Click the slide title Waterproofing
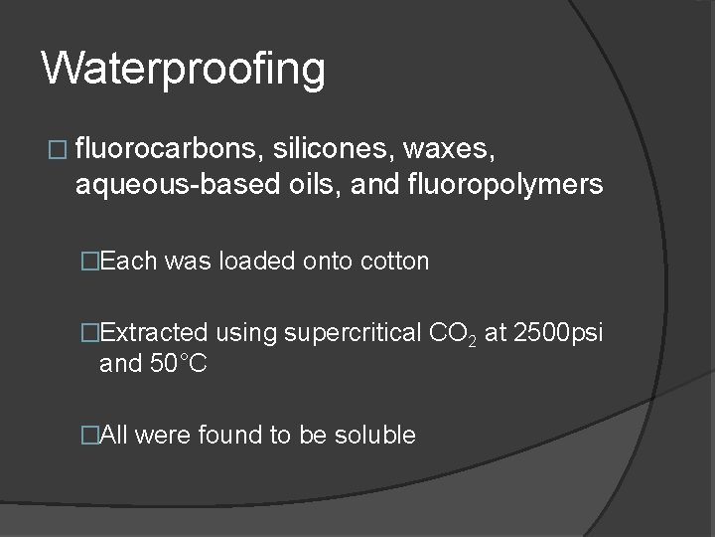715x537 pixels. (x=184, y=70)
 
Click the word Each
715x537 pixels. (x=129, y=262)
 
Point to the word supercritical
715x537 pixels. (x=352, y=333)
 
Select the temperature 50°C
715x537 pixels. (x=178, y=364)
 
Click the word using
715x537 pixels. (x=246, y=333)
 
